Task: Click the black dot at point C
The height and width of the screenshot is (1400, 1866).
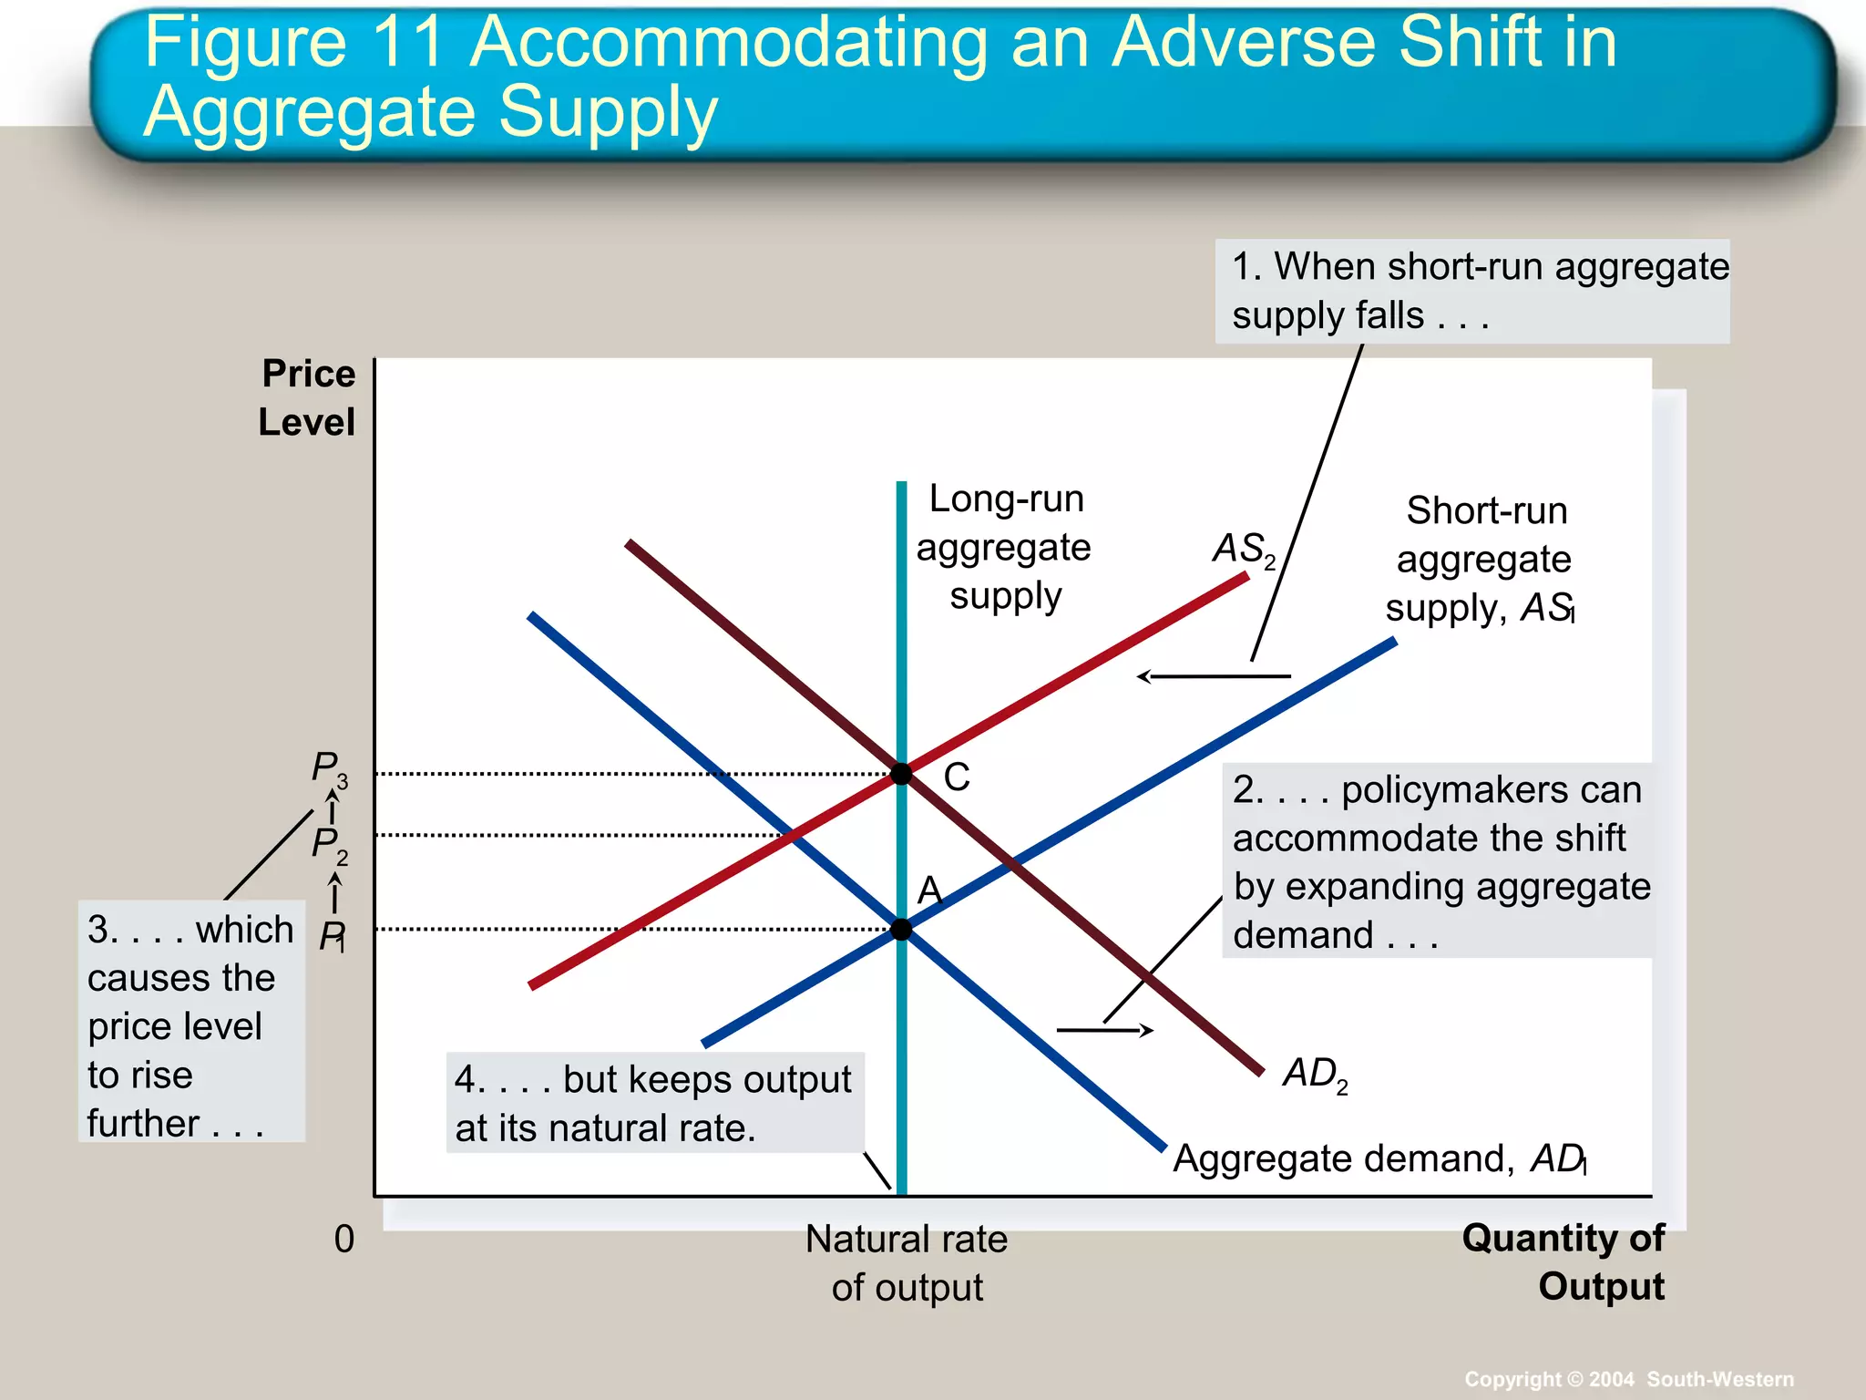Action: tap(901, 774)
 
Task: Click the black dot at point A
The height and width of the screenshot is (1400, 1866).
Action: tap(901, 930)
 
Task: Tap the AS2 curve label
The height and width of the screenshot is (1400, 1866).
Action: tap(1244, 550)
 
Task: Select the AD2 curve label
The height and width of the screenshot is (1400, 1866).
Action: tap(1315, 1075)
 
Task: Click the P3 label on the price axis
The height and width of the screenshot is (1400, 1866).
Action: tap(329, 768)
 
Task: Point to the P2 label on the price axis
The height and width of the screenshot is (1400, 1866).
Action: tap(329, 845)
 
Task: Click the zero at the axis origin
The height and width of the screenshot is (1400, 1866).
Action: tap(344, 1239)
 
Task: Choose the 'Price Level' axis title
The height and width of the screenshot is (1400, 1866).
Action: tap(307, 398)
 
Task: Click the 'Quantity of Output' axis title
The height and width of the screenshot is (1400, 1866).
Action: tap(1564, 1262)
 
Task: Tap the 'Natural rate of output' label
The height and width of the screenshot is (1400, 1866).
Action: tap(907, 1263)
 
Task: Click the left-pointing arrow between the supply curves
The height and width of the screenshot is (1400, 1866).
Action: tap(1214, 676)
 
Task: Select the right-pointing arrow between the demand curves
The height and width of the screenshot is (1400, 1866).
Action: tap(1105, 1031)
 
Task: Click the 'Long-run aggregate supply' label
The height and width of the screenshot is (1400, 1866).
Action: tap(1004, 547)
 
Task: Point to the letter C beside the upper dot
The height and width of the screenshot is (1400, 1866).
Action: tap(957, 777)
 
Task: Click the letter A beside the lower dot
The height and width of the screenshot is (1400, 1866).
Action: tap(929, 890)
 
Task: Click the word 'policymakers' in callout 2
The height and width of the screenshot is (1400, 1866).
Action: tap(1492, 790)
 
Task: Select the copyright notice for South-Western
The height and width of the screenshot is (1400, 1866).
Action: tap(1629, 1379)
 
